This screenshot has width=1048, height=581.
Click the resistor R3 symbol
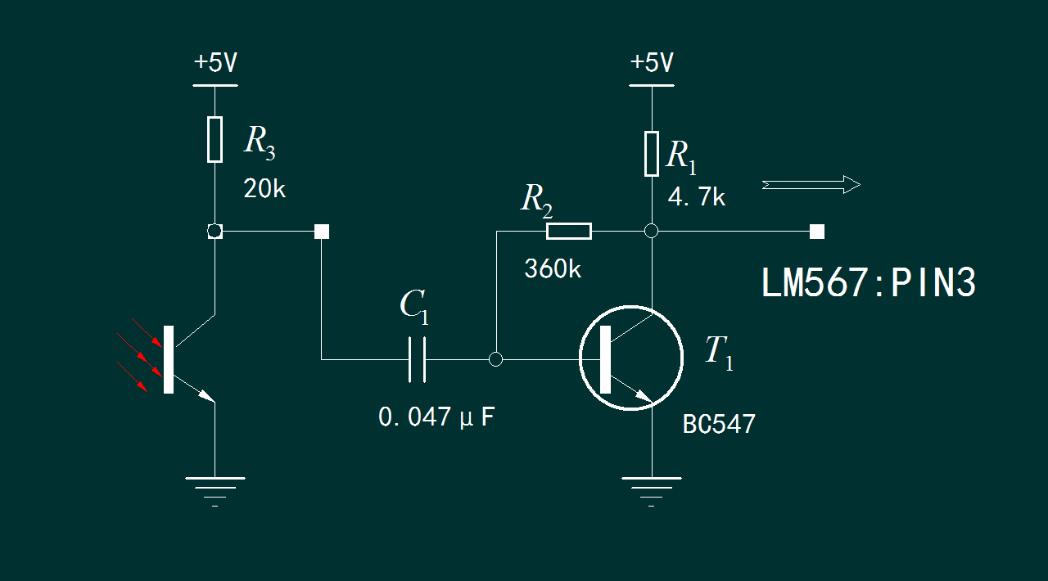[215, 139]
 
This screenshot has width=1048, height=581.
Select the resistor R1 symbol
[652, 153]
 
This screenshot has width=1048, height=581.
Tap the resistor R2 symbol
[569, 232]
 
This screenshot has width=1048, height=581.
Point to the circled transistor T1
[630, 358]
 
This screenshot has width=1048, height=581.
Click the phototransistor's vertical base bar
[169, 359]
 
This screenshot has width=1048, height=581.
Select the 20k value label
[264, 190]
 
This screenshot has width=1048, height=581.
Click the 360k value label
[553, 268]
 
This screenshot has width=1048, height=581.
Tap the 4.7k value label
[696, 197]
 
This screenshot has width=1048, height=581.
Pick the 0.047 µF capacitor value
[436, 417]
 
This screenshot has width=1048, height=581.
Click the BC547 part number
[719, 424]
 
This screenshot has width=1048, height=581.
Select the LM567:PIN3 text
[869, 284]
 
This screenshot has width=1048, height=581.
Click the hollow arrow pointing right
[811, 185]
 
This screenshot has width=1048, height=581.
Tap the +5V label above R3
[215, 63]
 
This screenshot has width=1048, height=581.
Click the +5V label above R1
[652, 63]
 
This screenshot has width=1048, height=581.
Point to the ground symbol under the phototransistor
[215, 488]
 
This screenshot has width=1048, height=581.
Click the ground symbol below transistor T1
[652, 488]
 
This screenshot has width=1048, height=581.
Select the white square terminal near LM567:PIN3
[816, 232]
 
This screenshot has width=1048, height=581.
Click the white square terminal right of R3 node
[322, 232]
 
